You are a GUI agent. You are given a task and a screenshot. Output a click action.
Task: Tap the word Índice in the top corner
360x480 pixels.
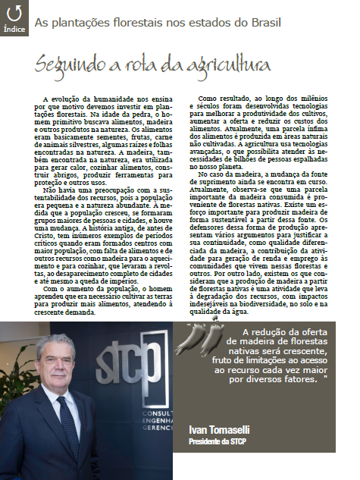14,30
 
